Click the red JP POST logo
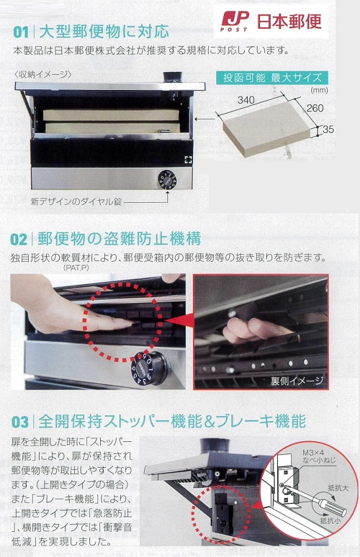tap(234, 21)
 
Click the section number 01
tap(21, 32)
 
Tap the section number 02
tap(19, 240)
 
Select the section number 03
tap(20, 422)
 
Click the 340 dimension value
tap(246, 100)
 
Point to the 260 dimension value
tap(315, 108)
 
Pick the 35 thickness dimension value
tap(328, 130)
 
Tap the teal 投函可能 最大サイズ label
tap(272, 78)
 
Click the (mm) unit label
tap(320, 90)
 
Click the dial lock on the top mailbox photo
tap(167, 179)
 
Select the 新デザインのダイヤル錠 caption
tap(76, 201)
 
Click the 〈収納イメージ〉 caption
tap(43, 74)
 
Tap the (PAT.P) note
tap(76, 268)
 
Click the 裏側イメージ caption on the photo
tap(297, 381)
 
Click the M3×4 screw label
tap(313, 453)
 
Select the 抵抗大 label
tap(338, 488)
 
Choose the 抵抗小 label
tap(330, 521)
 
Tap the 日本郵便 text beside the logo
tap(289, 22)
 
